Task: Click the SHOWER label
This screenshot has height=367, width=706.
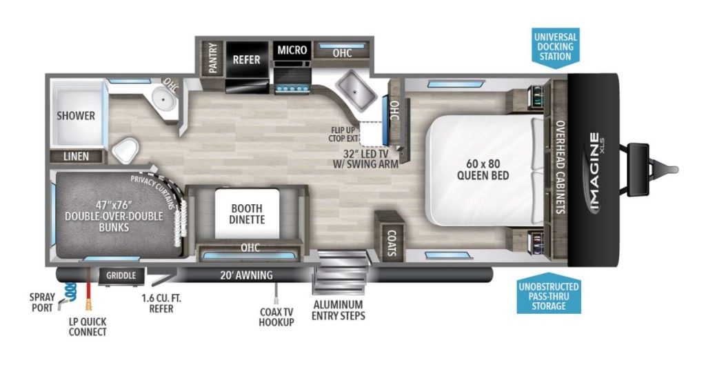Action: [76, 115]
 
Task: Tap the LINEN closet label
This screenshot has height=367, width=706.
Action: [75, 157]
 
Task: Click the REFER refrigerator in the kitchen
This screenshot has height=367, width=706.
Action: [246, 59]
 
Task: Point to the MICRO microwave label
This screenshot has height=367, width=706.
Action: [292, 50]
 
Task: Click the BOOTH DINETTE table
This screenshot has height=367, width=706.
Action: [246, 213]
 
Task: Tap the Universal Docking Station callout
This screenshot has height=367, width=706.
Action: [555, 46]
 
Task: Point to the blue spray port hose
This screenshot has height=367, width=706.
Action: [68, 289]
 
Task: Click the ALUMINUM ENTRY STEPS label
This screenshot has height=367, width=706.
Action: [338, 310]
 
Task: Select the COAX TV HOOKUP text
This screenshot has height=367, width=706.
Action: [277, 317]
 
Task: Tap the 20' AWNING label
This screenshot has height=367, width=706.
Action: [247, 275]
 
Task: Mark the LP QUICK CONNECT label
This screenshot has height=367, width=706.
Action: [88, 326]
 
